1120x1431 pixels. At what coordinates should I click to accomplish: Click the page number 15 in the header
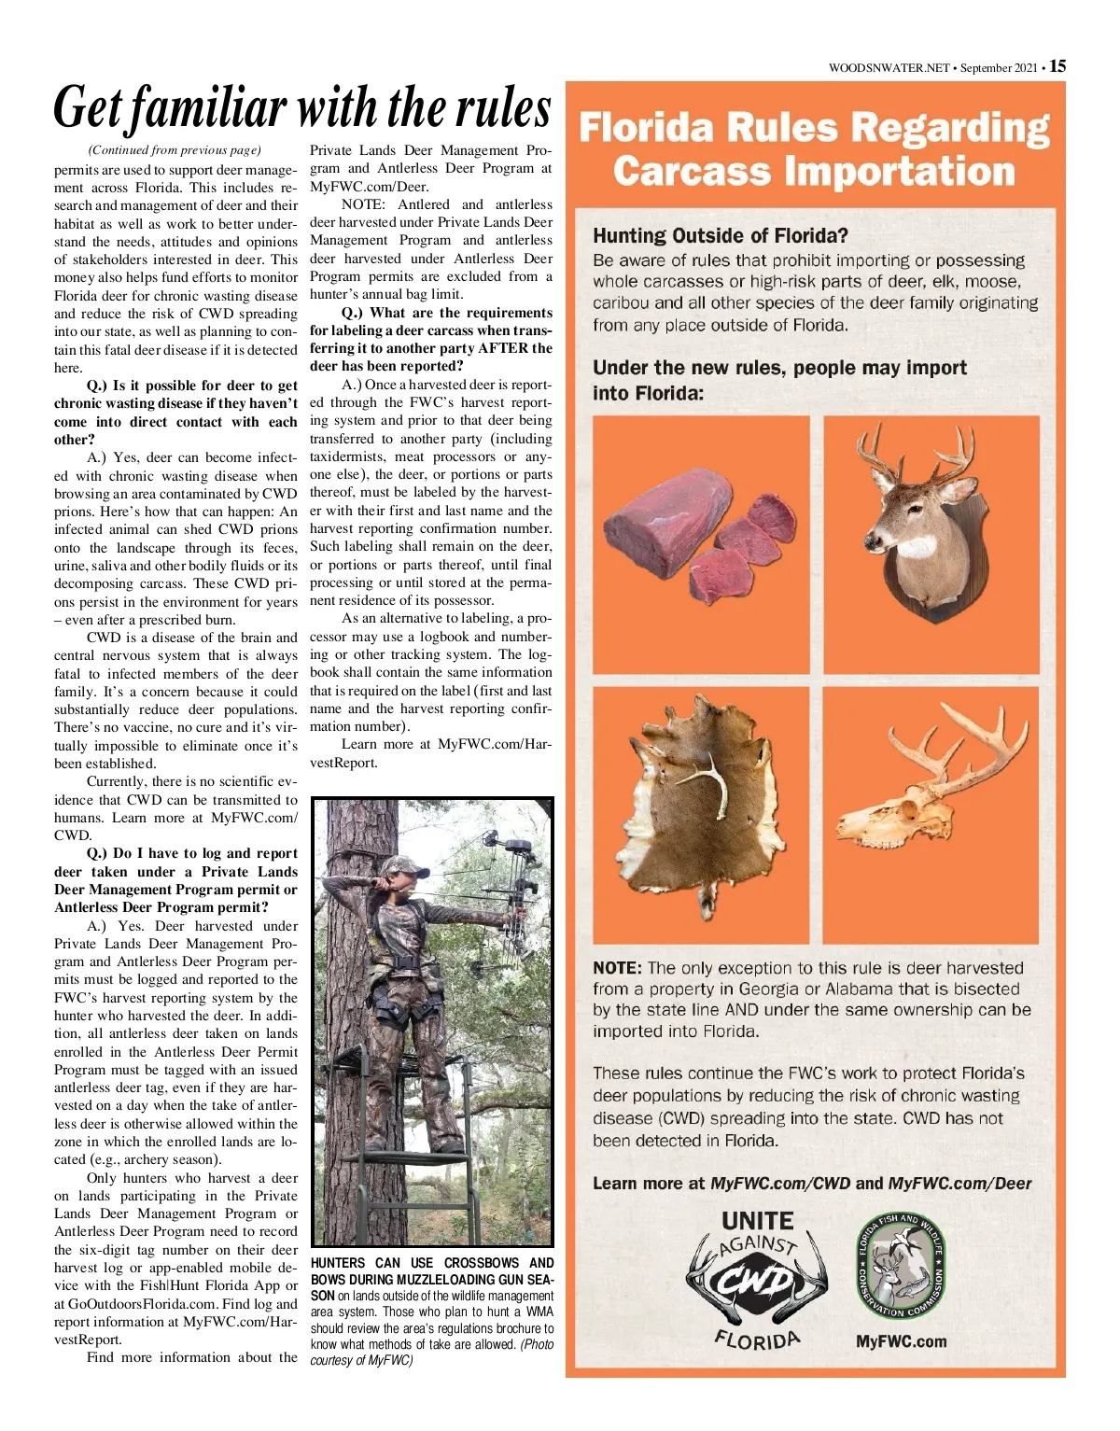(x=1057, y=66)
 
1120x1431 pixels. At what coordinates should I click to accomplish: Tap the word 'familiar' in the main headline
(x=207, y=108)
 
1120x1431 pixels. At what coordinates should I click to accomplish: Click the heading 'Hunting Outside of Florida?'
(x=720, y=235)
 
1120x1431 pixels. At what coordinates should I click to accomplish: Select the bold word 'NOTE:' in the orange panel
(x=617, y=968)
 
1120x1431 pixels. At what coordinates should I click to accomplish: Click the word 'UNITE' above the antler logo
(x=757, y=1221)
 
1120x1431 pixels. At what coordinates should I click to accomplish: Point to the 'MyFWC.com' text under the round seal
(x=901, y=1341)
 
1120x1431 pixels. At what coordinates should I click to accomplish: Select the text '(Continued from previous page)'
(x=175, y=150)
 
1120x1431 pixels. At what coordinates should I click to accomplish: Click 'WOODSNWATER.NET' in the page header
(x=889, y=68)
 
